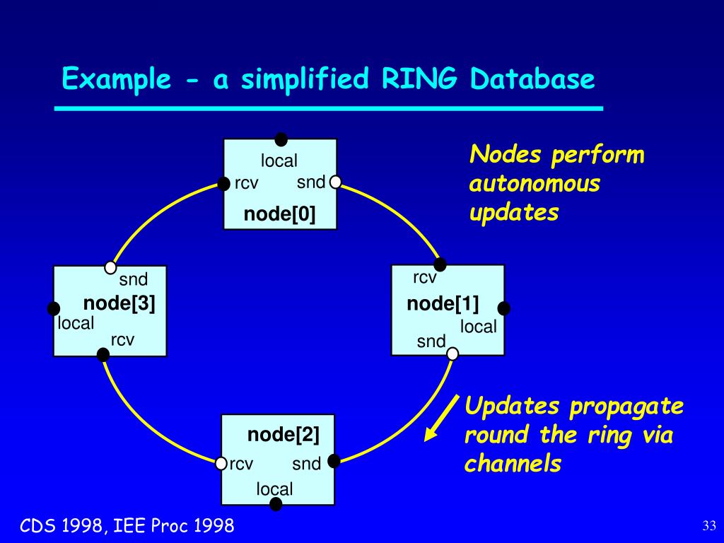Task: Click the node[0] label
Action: (x=279, y=214)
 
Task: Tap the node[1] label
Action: (x=443, y=304)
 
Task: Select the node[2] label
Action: (x=283, y=434)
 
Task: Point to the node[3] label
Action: (x=119, y=303)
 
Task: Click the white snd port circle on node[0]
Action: (x=335, y=182)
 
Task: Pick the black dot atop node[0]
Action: (x=281, y=139)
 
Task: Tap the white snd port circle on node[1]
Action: (x=452, y=353)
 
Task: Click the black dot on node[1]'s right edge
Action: (x=504, y=308)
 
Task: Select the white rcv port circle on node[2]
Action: (x=221, y=464)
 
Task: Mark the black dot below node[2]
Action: (x=276, y=504)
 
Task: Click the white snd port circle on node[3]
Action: (x=110, y=267)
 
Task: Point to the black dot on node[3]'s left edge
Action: (x=54, y=308)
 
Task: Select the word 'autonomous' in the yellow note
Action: (x=535, y=185)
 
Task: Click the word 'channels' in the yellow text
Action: (x=513, y=464)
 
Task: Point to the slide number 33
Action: (x=710, y=525)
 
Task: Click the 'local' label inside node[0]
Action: (x=279, y=161)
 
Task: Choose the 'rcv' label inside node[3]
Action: (x=122, y=340)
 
